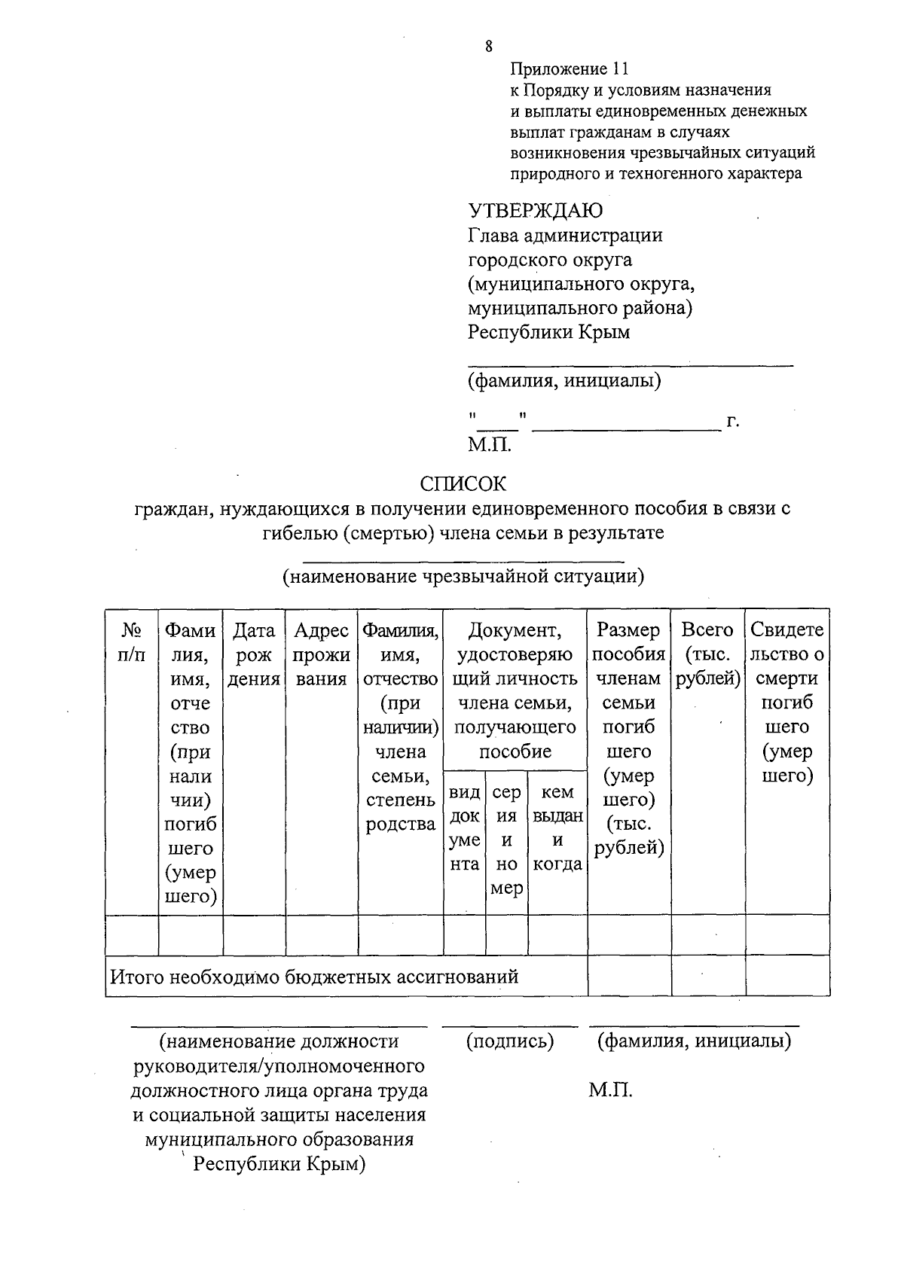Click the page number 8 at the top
pyautogui.click(x=489, y=47)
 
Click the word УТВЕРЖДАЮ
pyautogui.click(x=535, y=210)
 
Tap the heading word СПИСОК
pyautogui.click(x=463, y=483)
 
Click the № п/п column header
pyautogui.click(x=132, y=642)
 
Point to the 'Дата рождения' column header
pyautogui.click(x=254, y=654)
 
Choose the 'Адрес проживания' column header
pyautogui.click(x=322, y=654)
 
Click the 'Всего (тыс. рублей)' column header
pyautogui.click(x=707, y=654)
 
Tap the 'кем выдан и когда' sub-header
pyautogui.click(x=557, y=828)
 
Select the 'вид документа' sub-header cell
pyautogui.click(x=464, y=828)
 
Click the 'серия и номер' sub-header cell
pyautogui.click(x=506, y=840)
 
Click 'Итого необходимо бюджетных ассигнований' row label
pyautogui.click(x=314, y=977)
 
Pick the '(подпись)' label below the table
pyautogui.click(x=510, y=1041)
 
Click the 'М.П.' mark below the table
pyautogui.click(x=610, y=1090)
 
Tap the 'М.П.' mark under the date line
pyautogui.click(x=490, y=444)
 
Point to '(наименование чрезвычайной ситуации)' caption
pyautogui.click(x=463, y=577)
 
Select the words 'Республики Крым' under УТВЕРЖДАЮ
pyautogui.click(x=548, y=332)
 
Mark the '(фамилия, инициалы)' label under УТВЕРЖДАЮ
pyautogui.click(x=564, y=381)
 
